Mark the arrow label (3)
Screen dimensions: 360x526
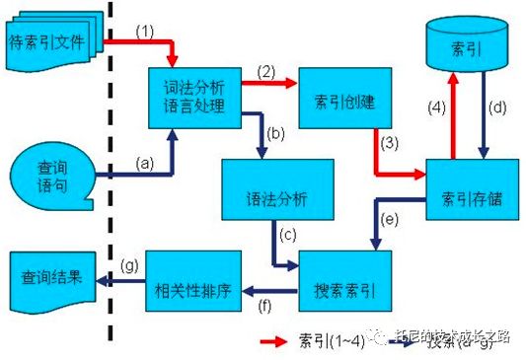coord(392,144)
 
